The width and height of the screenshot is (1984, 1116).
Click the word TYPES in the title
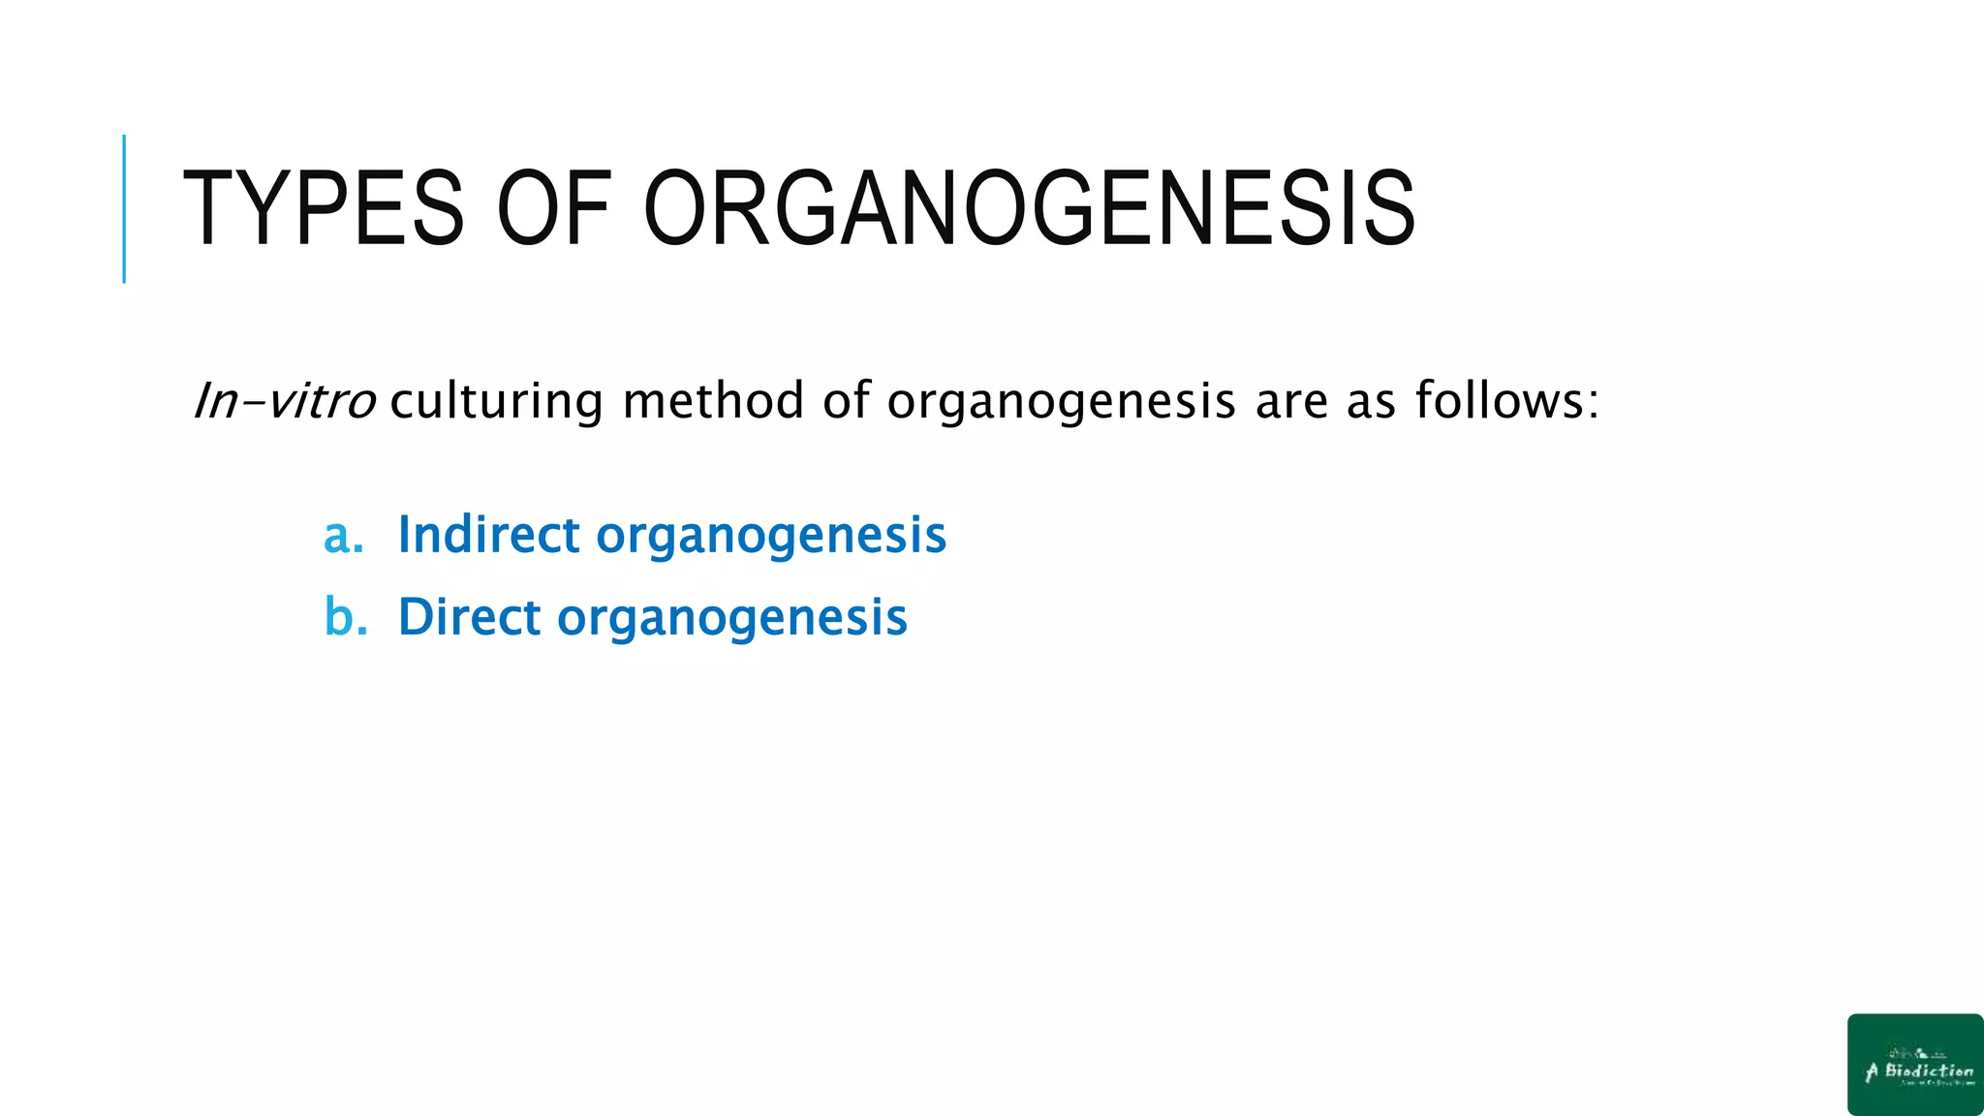[323, 208]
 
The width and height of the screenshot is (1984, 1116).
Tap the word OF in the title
[553, 208]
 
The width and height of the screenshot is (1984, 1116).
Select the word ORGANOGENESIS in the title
[1029, 208]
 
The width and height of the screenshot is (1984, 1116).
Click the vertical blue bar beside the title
[124, 208]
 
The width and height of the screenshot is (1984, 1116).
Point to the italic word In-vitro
[285, 401]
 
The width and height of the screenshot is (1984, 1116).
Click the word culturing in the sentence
[496, 401]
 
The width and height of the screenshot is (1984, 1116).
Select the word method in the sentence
[713, 401]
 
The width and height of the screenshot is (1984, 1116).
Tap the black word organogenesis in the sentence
[1061, 401]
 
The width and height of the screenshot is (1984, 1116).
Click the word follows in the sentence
[1499, 401]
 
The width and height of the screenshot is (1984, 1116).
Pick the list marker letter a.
[340, 536]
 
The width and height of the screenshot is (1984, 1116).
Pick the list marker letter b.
[342, 617]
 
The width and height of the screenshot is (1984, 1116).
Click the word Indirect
[488, 535]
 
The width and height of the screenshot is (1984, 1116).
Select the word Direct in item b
[469, 617]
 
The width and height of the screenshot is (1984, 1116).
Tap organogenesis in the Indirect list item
[770, 537]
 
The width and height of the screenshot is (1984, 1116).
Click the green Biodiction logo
[1915, 1064]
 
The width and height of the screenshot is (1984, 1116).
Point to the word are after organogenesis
[1291, 401]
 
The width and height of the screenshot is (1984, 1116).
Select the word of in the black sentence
[846, 401]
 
